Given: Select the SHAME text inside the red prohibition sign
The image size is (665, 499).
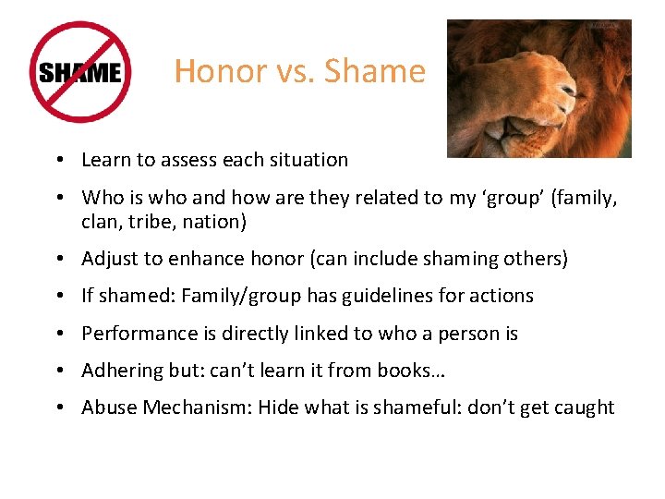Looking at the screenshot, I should click(x=79, y=72).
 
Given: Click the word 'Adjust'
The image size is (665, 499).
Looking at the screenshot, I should click(x=109, y=259).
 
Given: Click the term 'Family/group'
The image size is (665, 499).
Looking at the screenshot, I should click(x=236, y=296).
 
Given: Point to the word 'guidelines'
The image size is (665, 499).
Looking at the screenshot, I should click(x=382, y=296).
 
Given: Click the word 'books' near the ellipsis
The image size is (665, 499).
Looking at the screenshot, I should click(x=404, y=371).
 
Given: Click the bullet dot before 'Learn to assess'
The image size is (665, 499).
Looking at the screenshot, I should click(x=58, y=160).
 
